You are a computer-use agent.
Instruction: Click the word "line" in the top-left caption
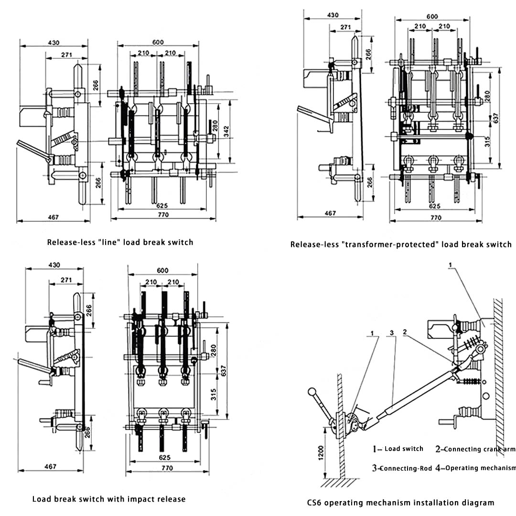[108, 242]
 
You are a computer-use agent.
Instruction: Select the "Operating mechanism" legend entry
[480, 468]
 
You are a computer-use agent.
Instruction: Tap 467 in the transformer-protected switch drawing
[330, 213]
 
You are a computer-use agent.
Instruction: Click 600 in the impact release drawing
[162, 270]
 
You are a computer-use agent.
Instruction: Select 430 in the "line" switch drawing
[54, 43]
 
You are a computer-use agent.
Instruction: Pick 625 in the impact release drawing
[163, 457]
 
